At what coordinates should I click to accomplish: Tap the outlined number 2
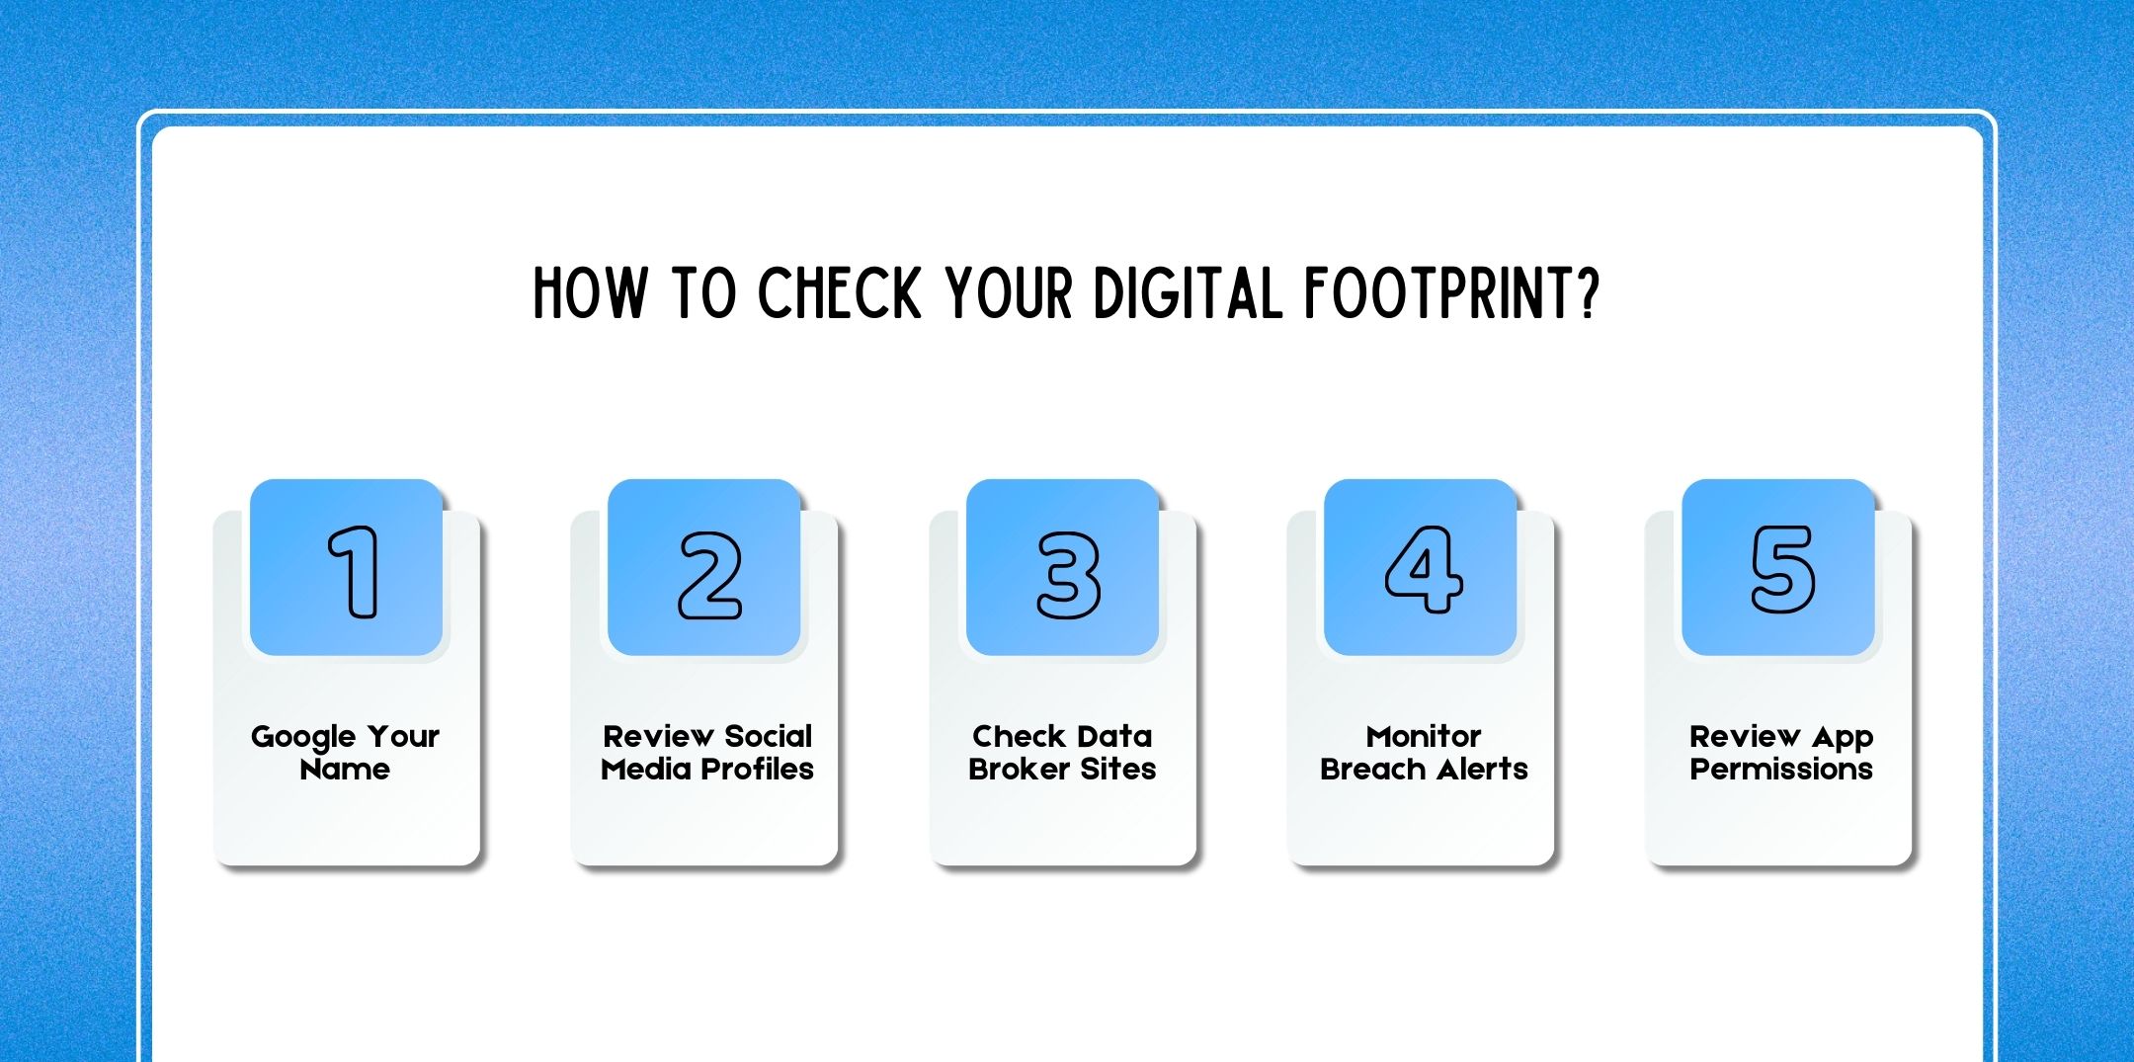[x=709, y=575]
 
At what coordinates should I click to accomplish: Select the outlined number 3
[x=1068, y=575]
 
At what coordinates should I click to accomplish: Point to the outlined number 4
[x=1423, y=569]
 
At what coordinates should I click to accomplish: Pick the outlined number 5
[x=1782, y=569]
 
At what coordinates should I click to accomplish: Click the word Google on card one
[x=302, y=738]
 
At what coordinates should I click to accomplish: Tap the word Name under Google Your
[x=345, y=769]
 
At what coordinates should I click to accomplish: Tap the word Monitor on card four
[x=1424, y=736]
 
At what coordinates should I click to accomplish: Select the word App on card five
[x=1843, y=738]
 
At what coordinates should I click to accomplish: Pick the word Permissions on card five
[x=1781, y=770]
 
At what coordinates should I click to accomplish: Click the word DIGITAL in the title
[x=1188, y=293]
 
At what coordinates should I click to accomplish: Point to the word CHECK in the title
[x=839, y=293]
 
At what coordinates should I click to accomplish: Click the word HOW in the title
[x=590, y=293]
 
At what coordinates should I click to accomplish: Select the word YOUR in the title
[x=1009, y=293]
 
